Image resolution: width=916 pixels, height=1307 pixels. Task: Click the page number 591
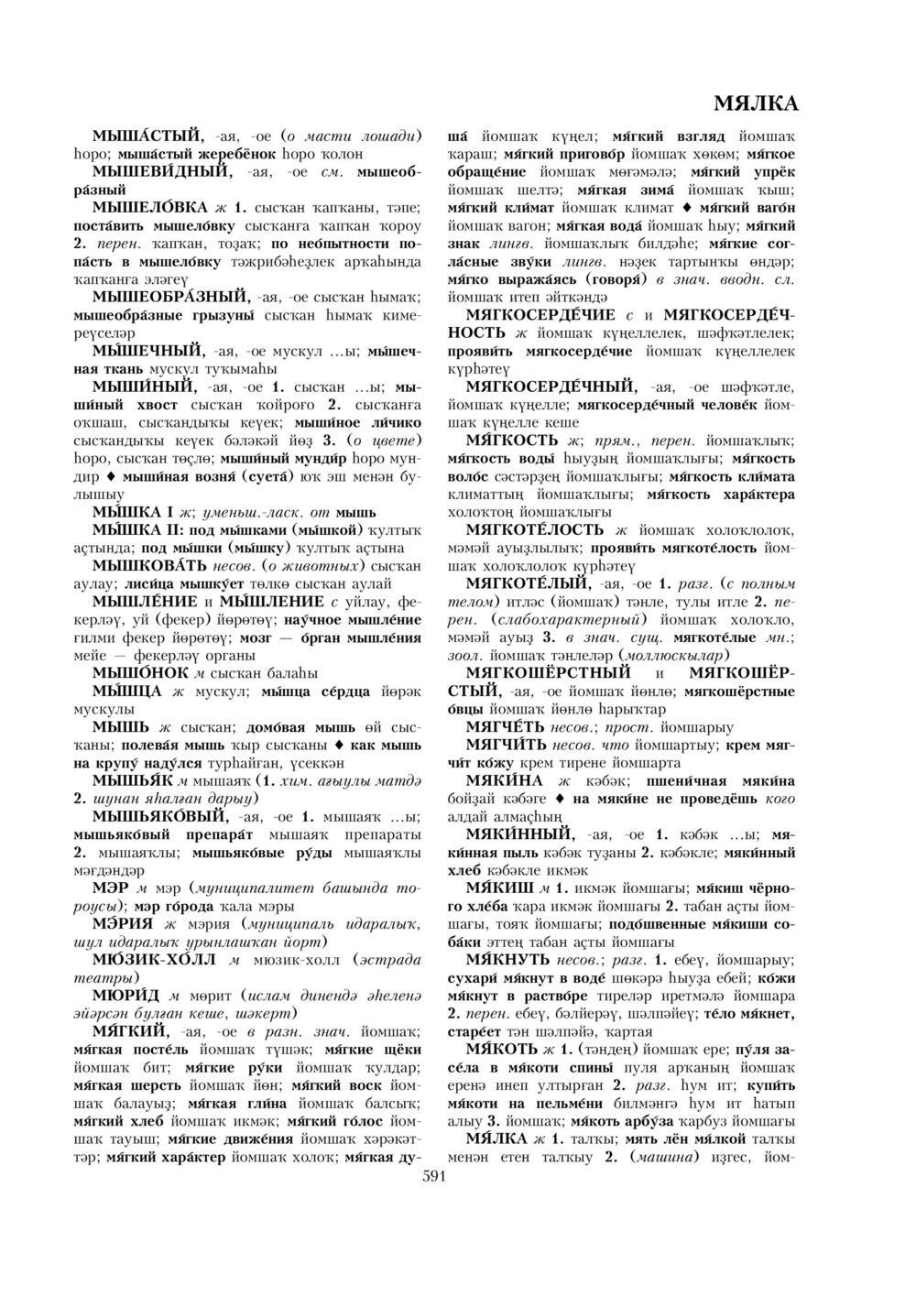click(x=433, y=1178)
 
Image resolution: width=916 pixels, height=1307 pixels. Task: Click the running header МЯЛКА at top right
click(x=754, y=103)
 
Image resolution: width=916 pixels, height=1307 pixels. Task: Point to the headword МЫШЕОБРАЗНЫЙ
click(x=169, y=297)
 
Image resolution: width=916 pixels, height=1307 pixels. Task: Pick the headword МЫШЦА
click(x=127, y=691)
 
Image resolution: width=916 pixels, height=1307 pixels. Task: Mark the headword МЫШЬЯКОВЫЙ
click(x=159, y=816)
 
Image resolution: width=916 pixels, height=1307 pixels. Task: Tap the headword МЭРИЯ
click(x=123, y=923)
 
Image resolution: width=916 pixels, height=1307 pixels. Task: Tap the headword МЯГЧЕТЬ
click(x=507, y=726)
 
